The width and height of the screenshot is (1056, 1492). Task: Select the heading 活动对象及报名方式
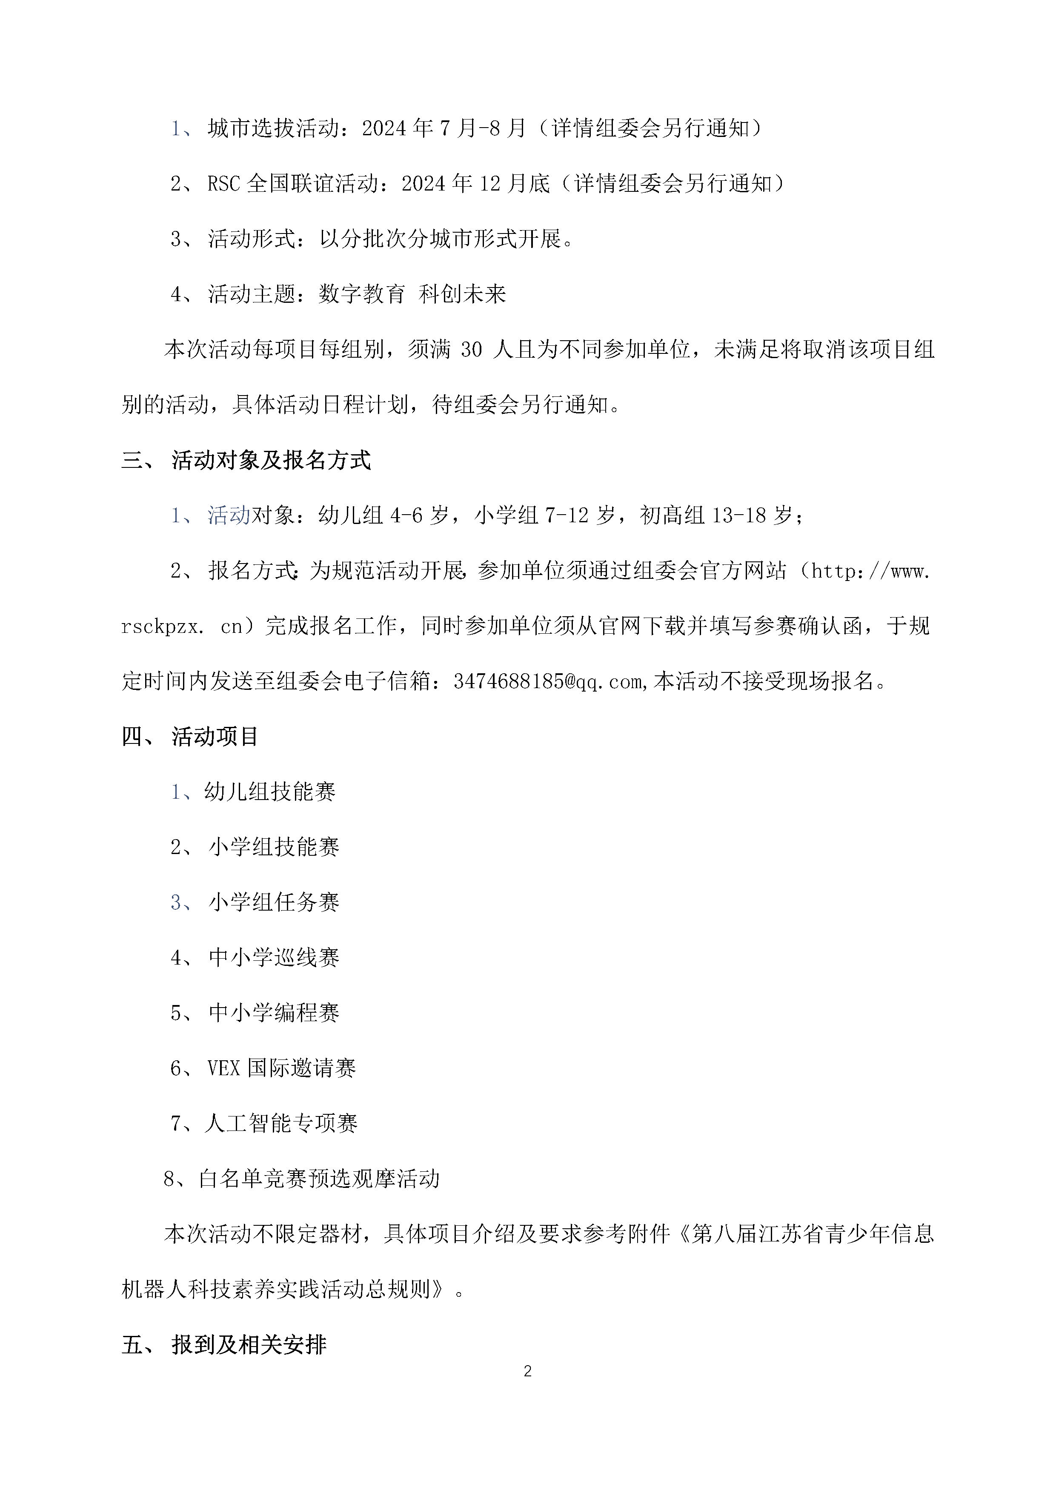point(271,460)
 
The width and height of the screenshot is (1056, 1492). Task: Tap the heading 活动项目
point(215,736)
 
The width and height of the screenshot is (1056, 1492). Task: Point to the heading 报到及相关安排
point(249,1344)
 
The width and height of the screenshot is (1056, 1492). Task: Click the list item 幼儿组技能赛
point(270,792)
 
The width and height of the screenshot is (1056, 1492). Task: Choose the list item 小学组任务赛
point(274,902)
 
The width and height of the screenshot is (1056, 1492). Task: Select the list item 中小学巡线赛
point(274,957)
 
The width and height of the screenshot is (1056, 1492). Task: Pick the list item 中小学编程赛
point(274,1012)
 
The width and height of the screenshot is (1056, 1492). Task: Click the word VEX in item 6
point(224,1068)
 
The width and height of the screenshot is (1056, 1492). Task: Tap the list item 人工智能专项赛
point(281,1123)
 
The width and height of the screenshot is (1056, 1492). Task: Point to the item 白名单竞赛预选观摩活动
point(319,1178)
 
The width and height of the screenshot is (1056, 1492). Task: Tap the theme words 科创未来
point(462,294)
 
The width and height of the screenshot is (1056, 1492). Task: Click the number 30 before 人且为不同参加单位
point(472,350)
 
